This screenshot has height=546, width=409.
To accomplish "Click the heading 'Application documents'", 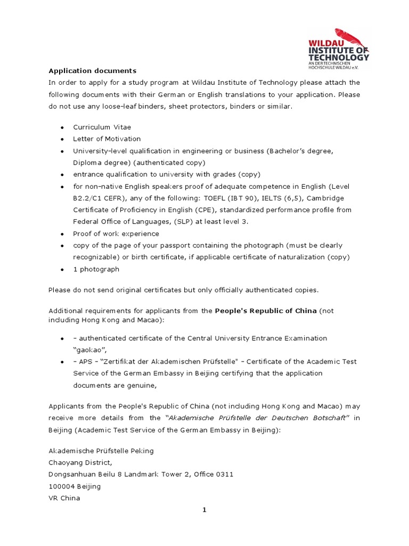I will point(93,70).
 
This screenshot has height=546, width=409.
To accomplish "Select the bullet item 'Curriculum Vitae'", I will point(102,127).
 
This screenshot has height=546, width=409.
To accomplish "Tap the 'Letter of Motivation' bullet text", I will point(107,139).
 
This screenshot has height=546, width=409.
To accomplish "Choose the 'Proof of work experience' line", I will point(116,234).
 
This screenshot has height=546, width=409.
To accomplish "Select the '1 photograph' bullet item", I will point(96,269).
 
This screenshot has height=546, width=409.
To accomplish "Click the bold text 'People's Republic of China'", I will point(266,310).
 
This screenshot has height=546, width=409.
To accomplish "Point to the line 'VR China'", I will point(64,498).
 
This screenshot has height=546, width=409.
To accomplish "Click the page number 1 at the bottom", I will point(204,510).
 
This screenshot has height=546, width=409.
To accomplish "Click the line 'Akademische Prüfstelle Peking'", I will point(101,451).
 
